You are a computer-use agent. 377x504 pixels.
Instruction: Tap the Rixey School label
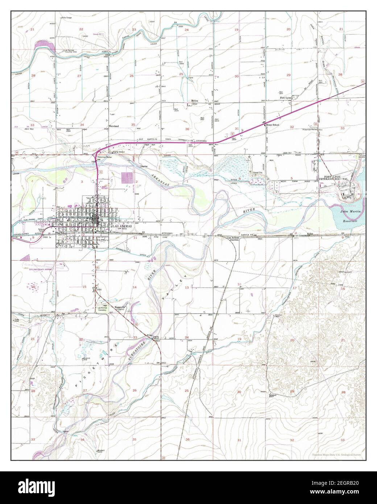[272, 125]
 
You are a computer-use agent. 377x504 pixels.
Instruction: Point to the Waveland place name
[113, 127]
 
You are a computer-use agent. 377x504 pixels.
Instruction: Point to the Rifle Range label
[68, 17]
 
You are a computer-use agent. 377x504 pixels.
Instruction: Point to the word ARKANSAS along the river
[164, 178]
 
